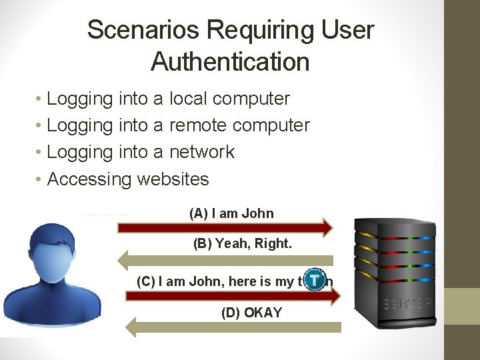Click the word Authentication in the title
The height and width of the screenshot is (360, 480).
[x=230, y=62]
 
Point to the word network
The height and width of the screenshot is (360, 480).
[x=202, y=152]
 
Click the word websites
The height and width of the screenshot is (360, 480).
[x=173, y=179]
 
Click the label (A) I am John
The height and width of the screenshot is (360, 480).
[x=231, y=214]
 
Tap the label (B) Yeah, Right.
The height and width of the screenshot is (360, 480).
[x=242, y=244]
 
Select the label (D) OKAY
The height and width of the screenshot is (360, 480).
[x=251, y=313]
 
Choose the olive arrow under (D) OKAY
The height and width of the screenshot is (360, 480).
[x=233, y=327]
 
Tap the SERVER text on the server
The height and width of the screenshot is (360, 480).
[x=408, y=305]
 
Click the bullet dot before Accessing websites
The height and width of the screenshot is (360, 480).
[x=40, y=180]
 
